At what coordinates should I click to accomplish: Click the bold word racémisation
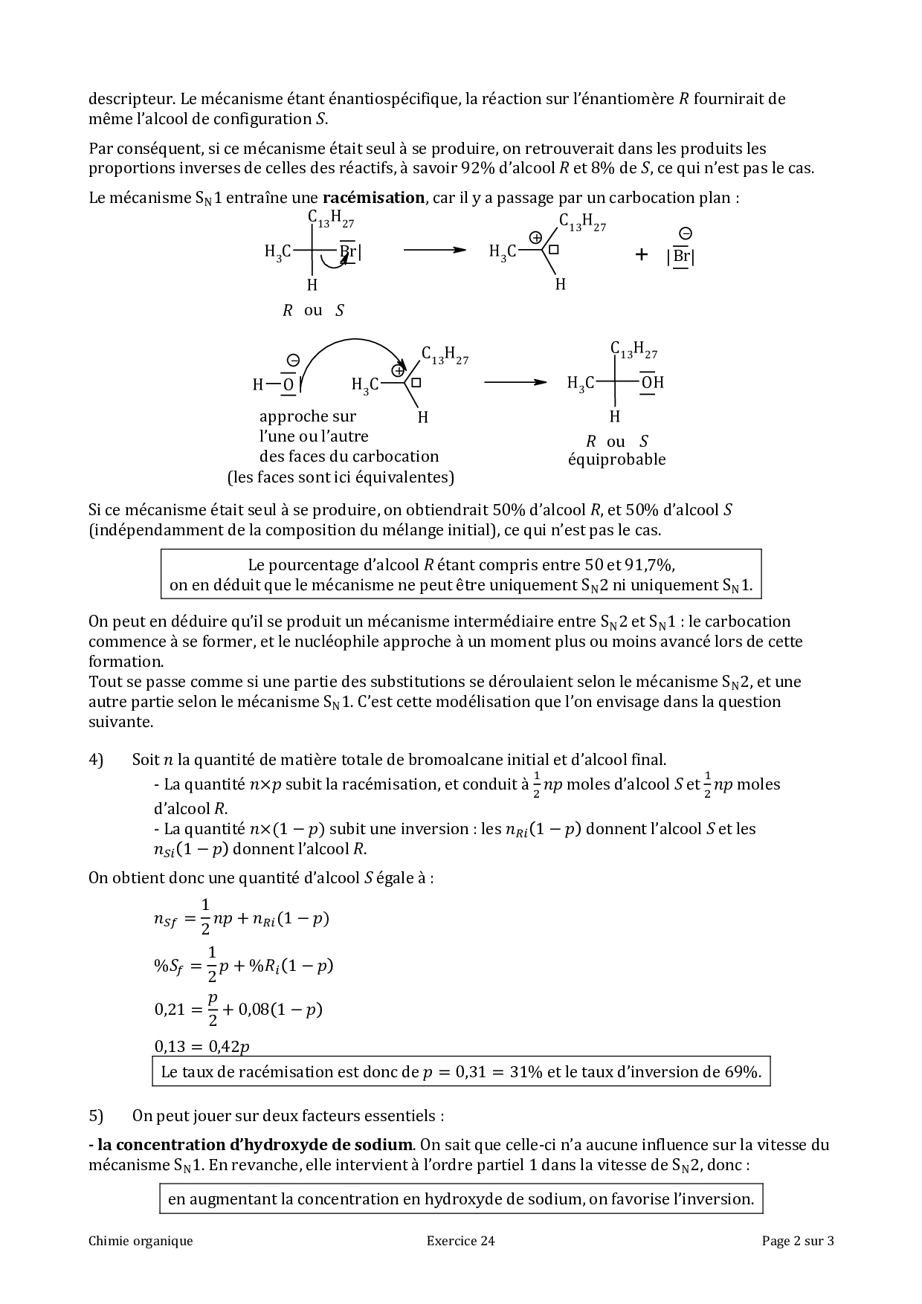[x=373, y=198]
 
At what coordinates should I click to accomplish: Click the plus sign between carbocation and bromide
[x=641, y=255]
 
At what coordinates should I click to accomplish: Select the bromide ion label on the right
[x=681, y=256]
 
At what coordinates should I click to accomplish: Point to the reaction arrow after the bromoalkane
[x=434, y=251]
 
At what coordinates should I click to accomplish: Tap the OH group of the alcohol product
[x=652, y=382]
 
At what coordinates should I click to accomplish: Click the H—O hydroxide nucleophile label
[x=274, y=384]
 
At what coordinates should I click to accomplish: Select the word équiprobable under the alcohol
[x=616, y=459]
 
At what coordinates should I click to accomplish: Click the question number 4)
[x=96, y=759]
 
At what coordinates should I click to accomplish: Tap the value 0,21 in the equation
[x=169, y=1009]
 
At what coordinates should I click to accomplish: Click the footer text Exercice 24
[x=460, y=1240]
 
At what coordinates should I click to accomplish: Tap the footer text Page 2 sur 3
[x=797, y=1240]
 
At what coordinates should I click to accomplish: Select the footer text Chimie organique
[x=141, y=1240]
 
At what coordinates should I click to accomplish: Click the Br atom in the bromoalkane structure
[x=347, y=251]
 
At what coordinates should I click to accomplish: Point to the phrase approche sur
[x=307, y=416]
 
